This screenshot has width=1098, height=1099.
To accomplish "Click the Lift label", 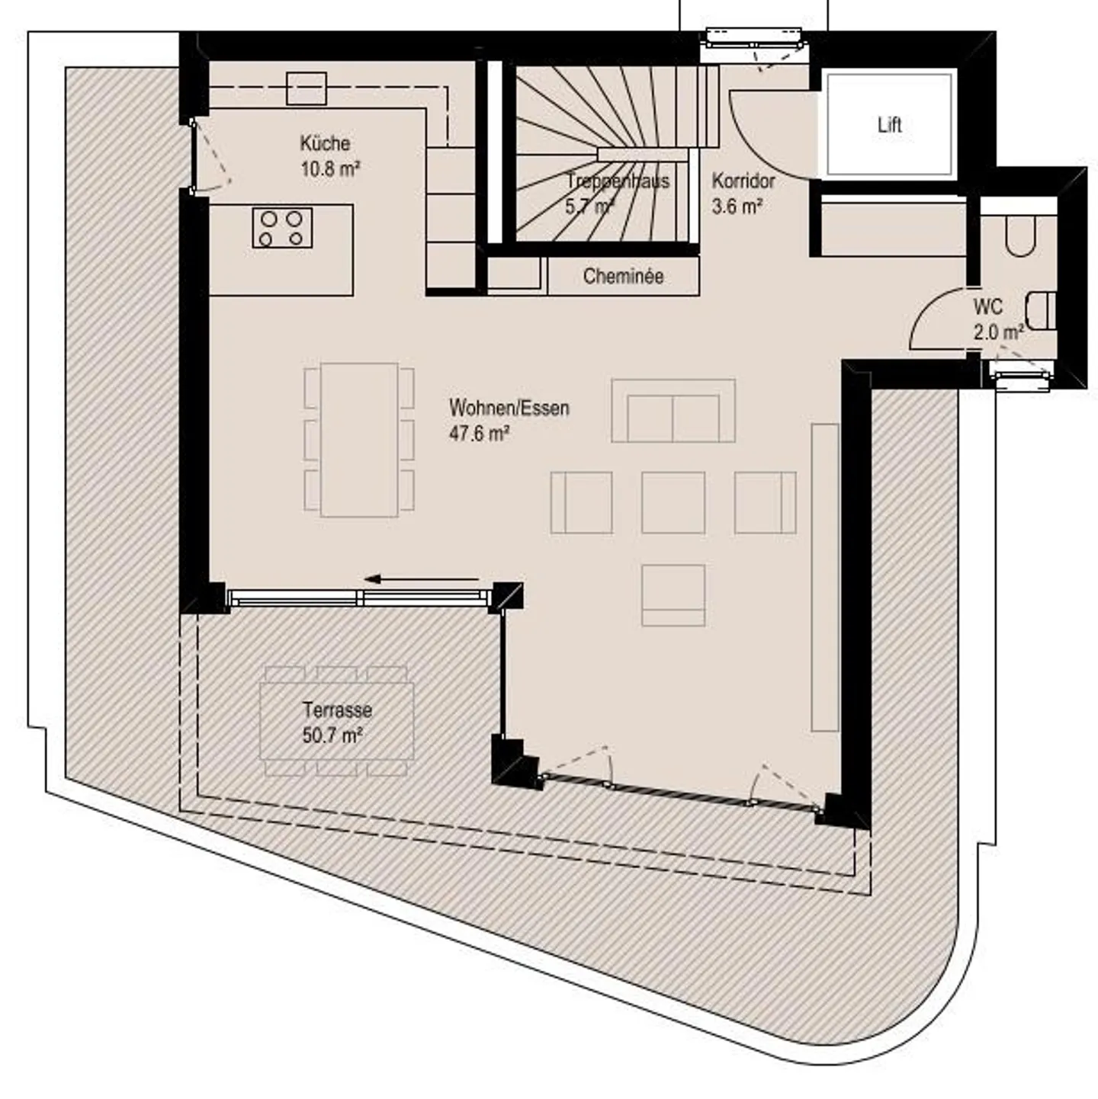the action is (889, 125).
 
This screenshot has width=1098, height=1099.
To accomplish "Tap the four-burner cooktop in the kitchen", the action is (282, 228).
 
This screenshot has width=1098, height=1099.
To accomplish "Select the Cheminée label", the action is (623, 277).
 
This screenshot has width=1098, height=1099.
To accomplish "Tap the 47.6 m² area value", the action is (479, 434).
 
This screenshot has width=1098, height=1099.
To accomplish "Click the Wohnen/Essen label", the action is (509, 409).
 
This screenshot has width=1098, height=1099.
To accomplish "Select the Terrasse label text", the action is (337, 710).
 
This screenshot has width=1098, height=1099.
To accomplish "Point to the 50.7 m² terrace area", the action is (332, 735).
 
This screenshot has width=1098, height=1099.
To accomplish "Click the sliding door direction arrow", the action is (422, 579).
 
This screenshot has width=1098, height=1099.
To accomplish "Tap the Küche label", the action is (325, 143).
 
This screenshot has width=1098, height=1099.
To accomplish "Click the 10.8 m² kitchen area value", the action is (330, 169).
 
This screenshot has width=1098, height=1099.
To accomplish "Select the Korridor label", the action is (743, 181).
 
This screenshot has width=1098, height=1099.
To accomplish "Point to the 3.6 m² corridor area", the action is (737, 207).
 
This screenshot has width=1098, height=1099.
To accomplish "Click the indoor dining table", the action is (359, 440).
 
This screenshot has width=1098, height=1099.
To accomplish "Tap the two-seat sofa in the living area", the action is (673, 411).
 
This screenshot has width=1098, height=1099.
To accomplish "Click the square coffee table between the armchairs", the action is (673, 502).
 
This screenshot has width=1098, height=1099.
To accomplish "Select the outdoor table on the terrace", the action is (337, 721).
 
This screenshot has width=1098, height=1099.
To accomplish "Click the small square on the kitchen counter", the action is (307, 88).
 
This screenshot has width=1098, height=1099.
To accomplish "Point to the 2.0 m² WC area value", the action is (998, 332).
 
